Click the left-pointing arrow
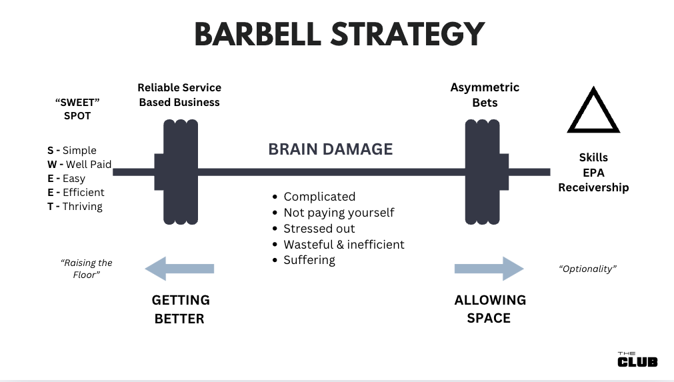179,269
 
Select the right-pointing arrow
489,269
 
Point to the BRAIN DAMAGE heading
330,149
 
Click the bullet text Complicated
319,197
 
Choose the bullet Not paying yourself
339,213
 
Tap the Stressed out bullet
319,229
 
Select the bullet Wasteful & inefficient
344,245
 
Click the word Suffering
309,260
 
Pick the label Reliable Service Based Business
179,95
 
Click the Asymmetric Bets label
485,95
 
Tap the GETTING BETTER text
180,309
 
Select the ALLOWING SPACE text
489,309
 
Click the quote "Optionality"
587,269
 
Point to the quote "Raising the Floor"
87,269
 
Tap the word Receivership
593,188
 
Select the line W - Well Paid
79,165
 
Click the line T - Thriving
75,207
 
